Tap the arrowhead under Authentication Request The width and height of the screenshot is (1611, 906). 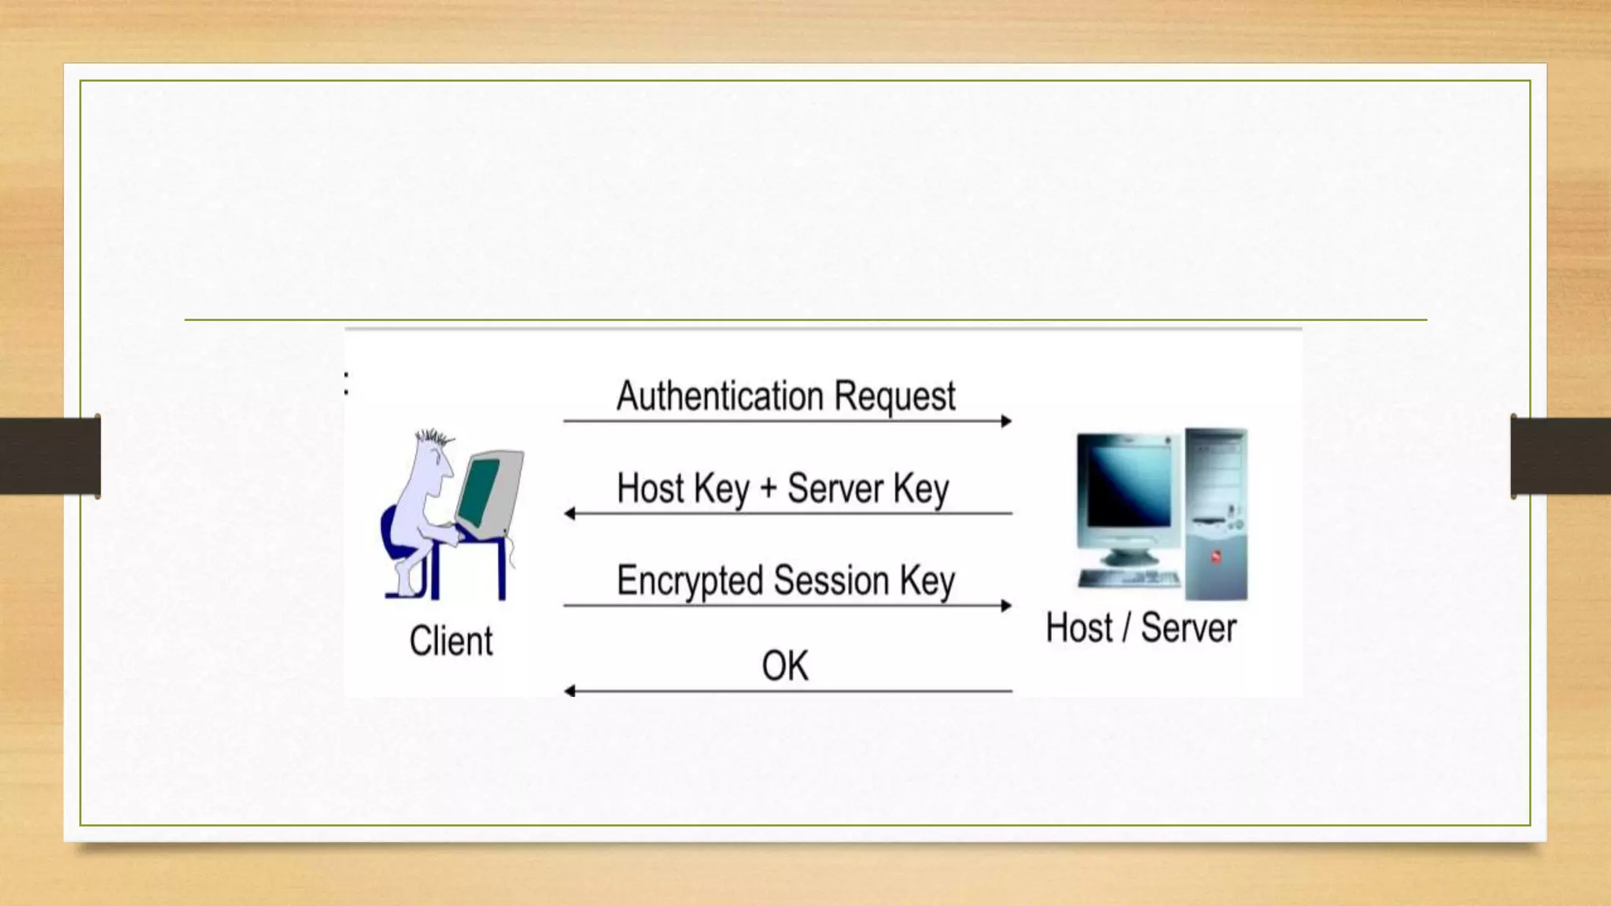tap(1006, 422)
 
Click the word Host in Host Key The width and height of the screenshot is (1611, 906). tap(651, 488)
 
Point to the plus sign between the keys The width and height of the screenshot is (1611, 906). tap(768, 489)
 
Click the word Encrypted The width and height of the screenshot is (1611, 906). tap(690, 581)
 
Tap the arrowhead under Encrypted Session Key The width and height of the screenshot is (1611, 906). tap(1006, 606)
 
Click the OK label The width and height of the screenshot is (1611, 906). tap(784, 666)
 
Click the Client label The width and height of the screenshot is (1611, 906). tap(451, 641)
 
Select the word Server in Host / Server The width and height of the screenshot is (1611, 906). tap(1188, 628)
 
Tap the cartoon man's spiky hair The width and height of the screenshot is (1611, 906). tap(434, 437)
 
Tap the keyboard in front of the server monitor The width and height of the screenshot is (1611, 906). tap(1129, 580)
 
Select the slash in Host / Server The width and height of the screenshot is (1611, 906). tap(1126, 628)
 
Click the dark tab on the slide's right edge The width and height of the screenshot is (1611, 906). tap(1561, 456)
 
